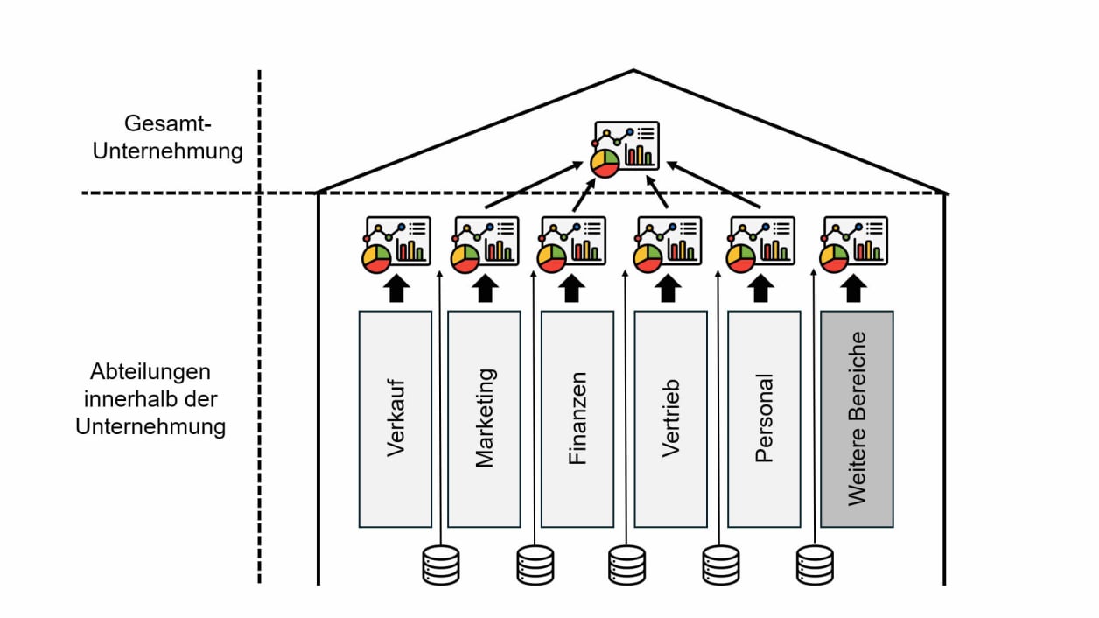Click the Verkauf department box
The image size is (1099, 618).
(x=395, y=418)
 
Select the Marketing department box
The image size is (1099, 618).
(x=484, y=418)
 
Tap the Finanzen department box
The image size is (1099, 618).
(x=577, y=418)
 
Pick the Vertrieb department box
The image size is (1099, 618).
(x=670, y=418)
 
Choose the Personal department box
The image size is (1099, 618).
(x=764, y=418)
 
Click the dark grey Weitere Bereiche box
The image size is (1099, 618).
(x=857, y=418)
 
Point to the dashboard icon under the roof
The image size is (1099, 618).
(x=625, y=149)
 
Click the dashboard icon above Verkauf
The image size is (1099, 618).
(x=395, y=244)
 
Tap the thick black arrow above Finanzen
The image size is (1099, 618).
(x=573, y=288)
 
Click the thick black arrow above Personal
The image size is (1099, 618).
(x=761, y=288)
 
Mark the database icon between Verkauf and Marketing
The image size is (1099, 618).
(x=440, y=565)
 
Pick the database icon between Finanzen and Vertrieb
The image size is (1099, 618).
(x=627, y=565)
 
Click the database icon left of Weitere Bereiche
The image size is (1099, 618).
(x=815, y=565)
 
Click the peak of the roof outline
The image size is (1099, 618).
(x=634, y=70)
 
